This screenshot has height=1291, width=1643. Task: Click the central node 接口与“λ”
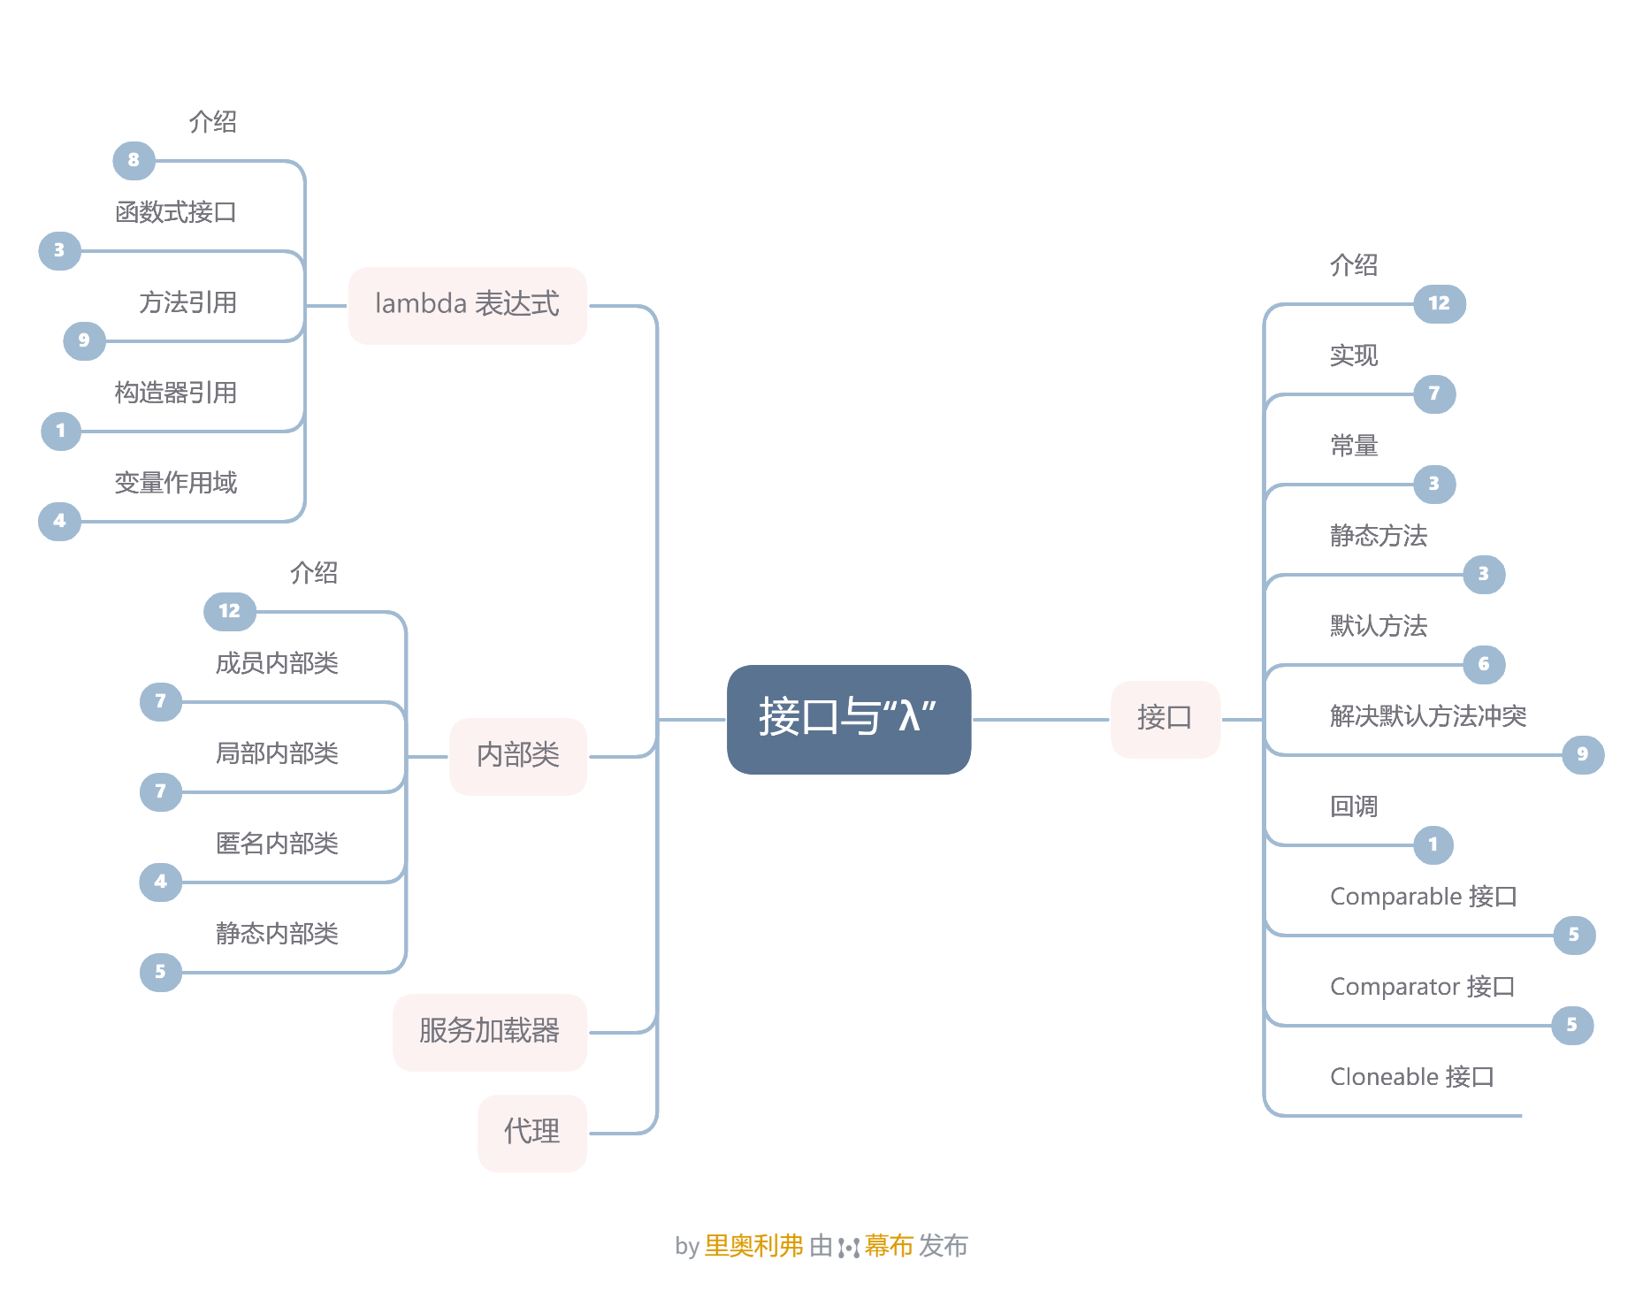tap(848, 718)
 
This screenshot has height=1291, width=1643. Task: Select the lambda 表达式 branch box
tap(467, 305)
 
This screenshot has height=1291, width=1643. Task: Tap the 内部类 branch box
tap(517, 756)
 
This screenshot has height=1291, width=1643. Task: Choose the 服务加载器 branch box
tap(489, 1031)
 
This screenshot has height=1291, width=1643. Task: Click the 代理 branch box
tap(531, 1132)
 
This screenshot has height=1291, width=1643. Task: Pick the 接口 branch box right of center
tap(1164, 718)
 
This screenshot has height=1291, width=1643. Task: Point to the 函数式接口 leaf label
tap(176, 212)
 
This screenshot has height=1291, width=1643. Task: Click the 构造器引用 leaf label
tap(176, 393)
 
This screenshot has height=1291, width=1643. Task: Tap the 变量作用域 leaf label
tap(176, 483)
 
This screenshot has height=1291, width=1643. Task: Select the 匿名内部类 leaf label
tap(277, 844)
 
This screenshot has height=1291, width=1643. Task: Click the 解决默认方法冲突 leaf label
tap(1427, 716)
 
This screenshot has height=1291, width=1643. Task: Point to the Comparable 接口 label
tap(1423, 897)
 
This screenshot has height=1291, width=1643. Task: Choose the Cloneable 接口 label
tap(1411, 1077)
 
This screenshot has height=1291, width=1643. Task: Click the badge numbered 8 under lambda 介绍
tap(134, 161)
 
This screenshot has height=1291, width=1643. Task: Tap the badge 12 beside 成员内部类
tap(229, 612)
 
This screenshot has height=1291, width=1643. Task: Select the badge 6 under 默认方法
tap(1484, 665)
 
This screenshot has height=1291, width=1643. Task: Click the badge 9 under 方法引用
tap(84, 341)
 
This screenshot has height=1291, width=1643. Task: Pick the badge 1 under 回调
tap(1433, 845)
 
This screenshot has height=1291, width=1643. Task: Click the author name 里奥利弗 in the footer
tap(753, 1246)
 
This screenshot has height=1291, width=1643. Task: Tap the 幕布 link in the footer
tap(888, 1246)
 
